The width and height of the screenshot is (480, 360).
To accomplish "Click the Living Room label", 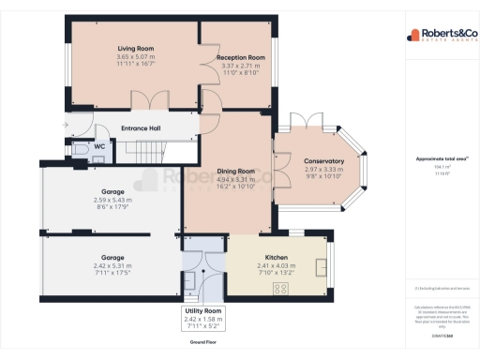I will click(135, 47).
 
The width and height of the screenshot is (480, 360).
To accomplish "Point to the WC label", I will click(100, 146).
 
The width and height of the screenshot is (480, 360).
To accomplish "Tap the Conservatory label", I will click(323, 161).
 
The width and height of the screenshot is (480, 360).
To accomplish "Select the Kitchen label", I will click(276, 256).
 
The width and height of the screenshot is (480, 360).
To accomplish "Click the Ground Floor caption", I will click(203, 343).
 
